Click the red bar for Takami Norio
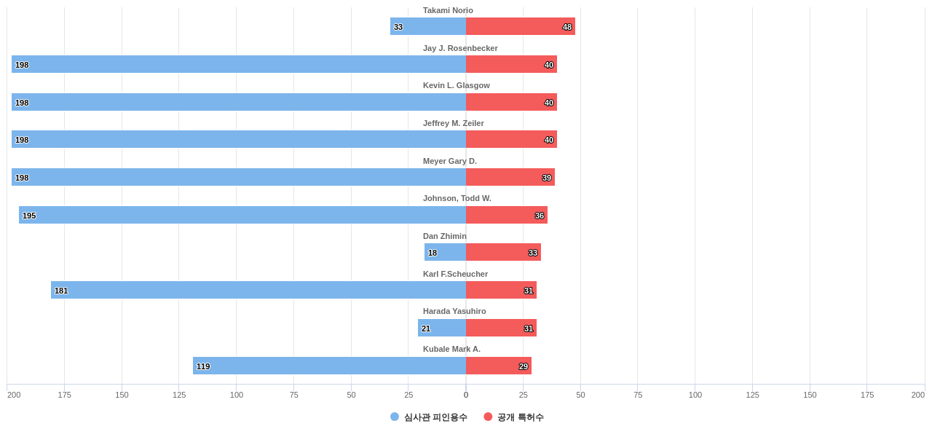[x=520, y=26]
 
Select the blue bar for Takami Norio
[x=428, y=26]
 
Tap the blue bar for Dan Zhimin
[x=446, y=252]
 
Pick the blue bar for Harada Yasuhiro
[x=443, y=328]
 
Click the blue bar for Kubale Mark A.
[x=329, y=366]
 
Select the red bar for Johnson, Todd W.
[x=506, y=215]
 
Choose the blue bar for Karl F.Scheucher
[x=258, y=290]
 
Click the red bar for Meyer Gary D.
[x=510, y=177]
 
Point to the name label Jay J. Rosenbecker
[x=460, y=48]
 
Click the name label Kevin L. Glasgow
[x=457, y=85]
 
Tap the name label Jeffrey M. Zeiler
[x=454, y=123]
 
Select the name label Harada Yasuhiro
[x=454, y=311]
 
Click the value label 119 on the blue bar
[x=203, y=366]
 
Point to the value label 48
[x=567, y=27]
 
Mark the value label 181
[x=61, y=291]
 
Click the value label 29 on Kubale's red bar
[x=524, y=366]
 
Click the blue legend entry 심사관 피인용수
[x=435, y=417]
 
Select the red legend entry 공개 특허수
[x=520, y=417]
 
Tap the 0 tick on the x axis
[x=466, y=395]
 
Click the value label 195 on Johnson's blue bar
[x=29, y=216]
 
